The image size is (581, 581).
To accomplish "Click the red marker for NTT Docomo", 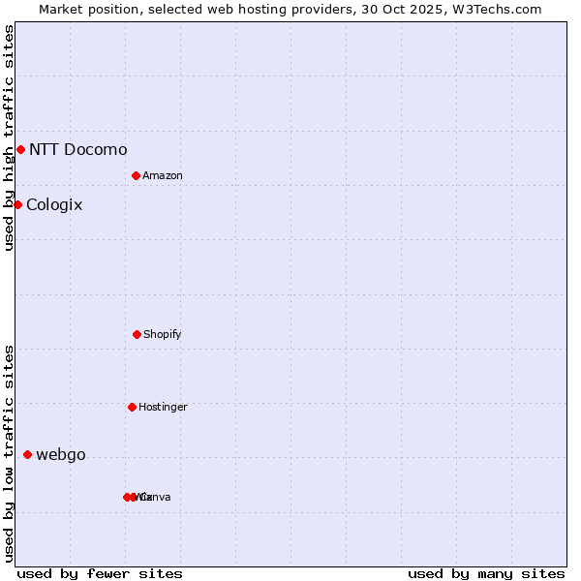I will click(20, 149).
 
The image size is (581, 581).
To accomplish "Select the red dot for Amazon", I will click(137, 175).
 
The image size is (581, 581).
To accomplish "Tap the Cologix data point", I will click(17, 204).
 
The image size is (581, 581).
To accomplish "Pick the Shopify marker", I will click(137, 334).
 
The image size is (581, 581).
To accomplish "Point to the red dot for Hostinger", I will click(132, 407).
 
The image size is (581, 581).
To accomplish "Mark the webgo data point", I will click(27, 454).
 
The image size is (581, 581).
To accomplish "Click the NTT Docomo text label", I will click(77, 149).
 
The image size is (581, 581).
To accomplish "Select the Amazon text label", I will click(162, 175).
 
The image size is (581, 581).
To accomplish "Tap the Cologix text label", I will click(54, 204).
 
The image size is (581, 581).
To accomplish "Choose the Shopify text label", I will click(162, 334).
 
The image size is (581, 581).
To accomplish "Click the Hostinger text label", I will click(163, 407).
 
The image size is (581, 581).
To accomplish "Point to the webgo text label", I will click(61, 455).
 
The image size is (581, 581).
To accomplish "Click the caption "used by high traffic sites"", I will click(9, 138).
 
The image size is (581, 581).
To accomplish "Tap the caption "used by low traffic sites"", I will click(9, 453).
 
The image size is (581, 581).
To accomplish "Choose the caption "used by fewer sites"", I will click(100, 573).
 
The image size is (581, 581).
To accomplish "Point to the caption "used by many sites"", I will click(486, 573).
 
